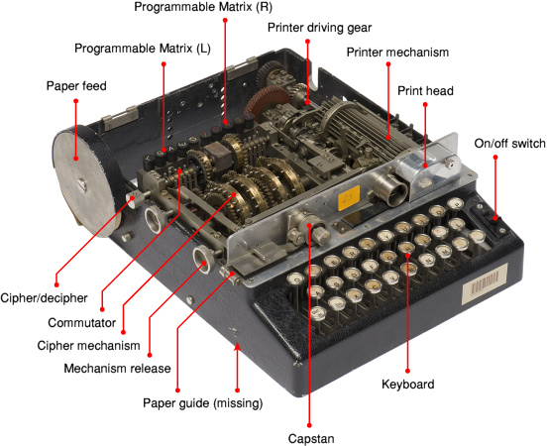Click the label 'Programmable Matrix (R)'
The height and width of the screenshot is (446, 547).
pyautogui.click(x=203, y=7)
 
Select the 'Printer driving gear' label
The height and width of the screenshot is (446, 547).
pyautogui.click(x=319, y=28)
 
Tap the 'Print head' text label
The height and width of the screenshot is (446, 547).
pyautogui.click(x=425, y=91)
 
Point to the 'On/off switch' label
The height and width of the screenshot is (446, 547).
pyautogui.click(x=509, y=143)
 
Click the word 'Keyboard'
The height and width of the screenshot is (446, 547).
pyautogui.click(x=408, y=384)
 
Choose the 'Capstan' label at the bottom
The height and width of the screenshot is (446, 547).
pyautogui.click(x=311, y=438)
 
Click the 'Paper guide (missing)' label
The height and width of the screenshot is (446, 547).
pyautogui.click(x=203, y=403)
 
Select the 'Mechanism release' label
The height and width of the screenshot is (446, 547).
pyautogui.click(x=117, y=368)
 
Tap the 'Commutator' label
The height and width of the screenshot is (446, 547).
pyautogui.click(x=81, y=322)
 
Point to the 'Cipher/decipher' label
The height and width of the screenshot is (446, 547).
pyautogui.click(x=44, y=298)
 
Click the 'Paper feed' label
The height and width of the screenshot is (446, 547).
pyautogui.click(x=76, y=86)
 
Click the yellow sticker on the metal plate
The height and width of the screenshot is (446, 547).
pyautogui.click(x=349, y=198)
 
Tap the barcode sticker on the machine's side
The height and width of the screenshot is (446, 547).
pyautogui.click(x=485, y=283)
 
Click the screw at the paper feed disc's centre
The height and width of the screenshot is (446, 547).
pyautogui.click(x=82, y=184)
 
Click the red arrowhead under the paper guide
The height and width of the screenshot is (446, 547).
pyautogui.click(x=237, y=347)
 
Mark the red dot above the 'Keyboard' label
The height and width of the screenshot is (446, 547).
pyautogui.click(x=407, y=371)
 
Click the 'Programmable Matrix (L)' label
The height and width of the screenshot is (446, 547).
pyautogui.click(x=143, y=49)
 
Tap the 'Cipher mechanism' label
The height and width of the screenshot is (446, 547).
pyautogui.click(x=88, y=346)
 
